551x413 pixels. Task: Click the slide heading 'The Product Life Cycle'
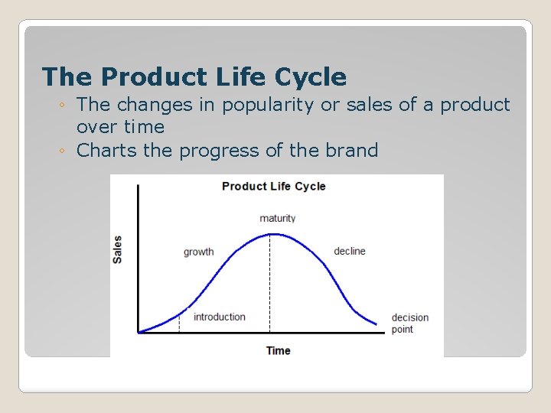point(194,77)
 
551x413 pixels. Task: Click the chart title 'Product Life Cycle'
point(273,186)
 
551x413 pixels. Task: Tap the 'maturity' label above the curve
point(277,218)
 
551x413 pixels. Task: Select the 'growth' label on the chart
point(199,252)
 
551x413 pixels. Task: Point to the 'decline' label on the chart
point(350,251)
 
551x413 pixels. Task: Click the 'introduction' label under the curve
point(220,317)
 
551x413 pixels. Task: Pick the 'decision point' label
point(409,324)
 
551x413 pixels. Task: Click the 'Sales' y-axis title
point(117,249)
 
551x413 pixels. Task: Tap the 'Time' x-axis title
point(278,350)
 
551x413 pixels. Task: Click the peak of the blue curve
point(270,234)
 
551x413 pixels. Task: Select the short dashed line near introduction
point(179,322)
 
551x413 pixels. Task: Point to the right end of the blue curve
point(377,324)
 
